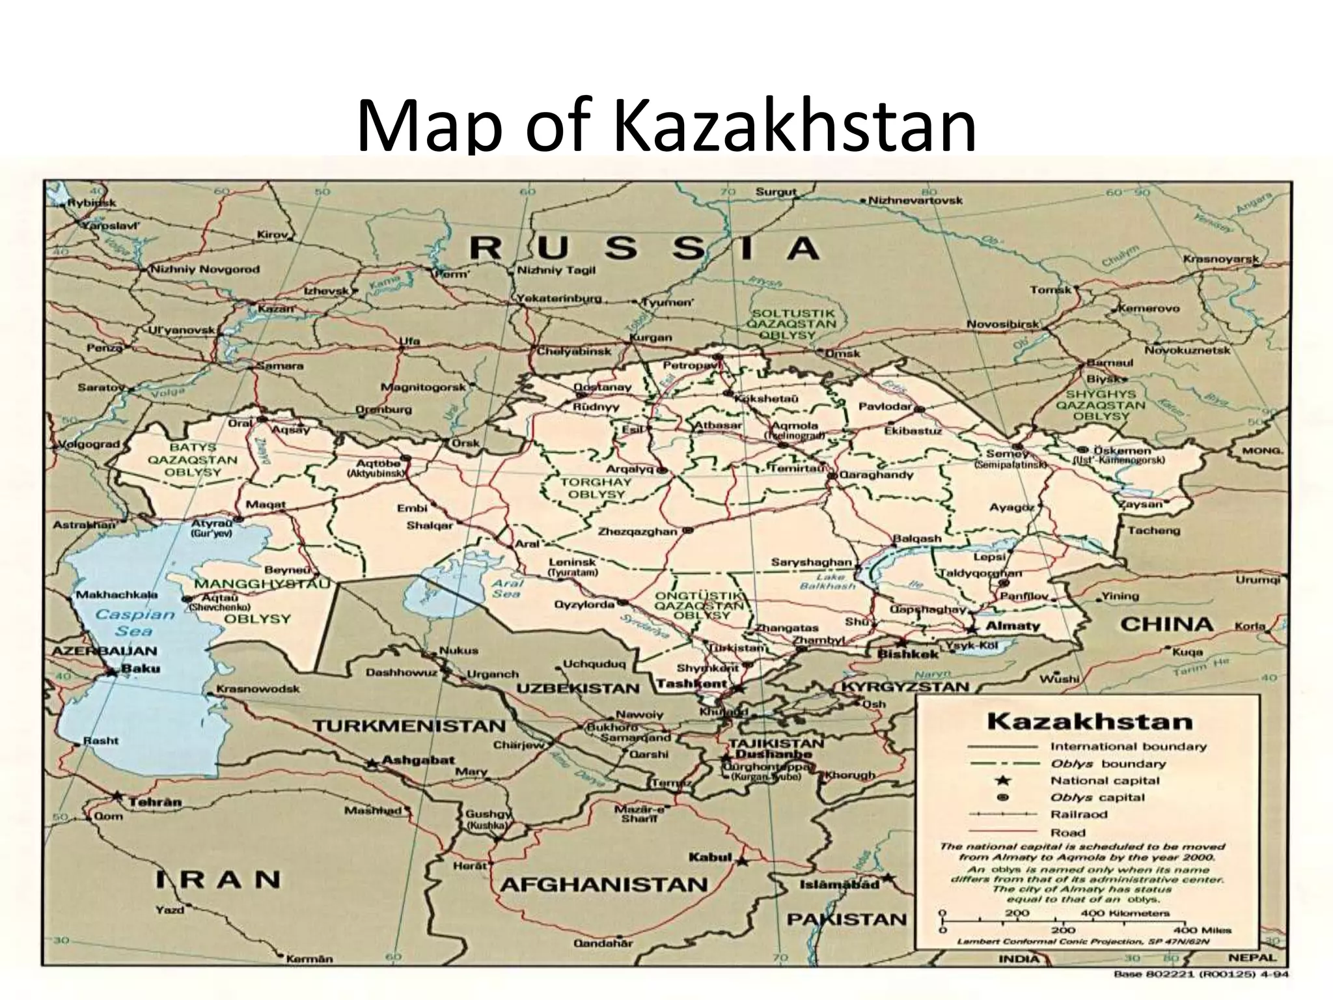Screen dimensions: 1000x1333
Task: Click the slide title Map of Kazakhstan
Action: click(x=666, y=124)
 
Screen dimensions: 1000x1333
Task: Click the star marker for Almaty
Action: click(x=972, y=630)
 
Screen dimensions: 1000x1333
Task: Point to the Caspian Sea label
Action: click(x=135, y=622)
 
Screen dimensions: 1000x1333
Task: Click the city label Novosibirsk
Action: click(x=1002, y=324)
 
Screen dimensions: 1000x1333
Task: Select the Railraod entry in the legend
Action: click(x=1079, y=814)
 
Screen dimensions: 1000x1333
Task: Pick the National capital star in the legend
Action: click(x=1003, y=780)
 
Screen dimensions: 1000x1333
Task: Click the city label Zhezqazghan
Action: click(x=637, y=531)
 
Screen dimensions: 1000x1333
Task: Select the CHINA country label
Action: click(x=1166, y=624)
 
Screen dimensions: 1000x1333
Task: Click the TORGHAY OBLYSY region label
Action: click(x=586, y=488)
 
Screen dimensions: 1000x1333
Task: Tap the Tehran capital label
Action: click(x=155, y=802)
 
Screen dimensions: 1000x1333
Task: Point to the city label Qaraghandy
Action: click(x=876, y=475)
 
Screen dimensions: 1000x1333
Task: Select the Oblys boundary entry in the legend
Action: click(x=1108, y=764)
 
